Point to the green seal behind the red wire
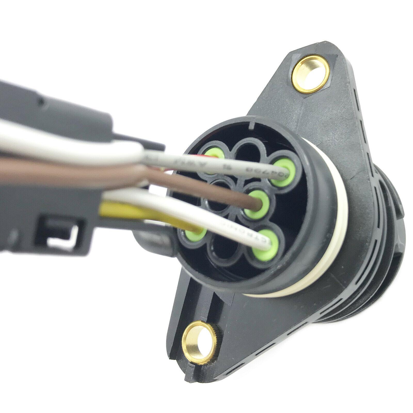[x=215, y=156]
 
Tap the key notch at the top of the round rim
[x=254, y=126]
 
